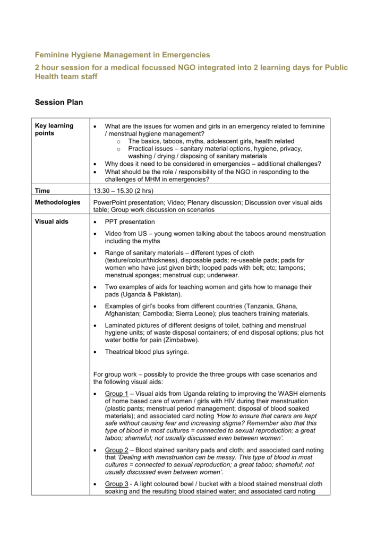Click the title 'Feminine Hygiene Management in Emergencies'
pos(122,55)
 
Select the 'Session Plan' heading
pos(59,102)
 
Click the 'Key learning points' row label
pos(54,129)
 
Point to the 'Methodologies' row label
pos(57,202)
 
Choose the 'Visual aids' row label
pos(52,222)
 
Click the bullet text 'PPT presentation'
pos(130,222)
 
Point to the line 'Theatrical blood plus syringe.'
pos(147,352)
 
